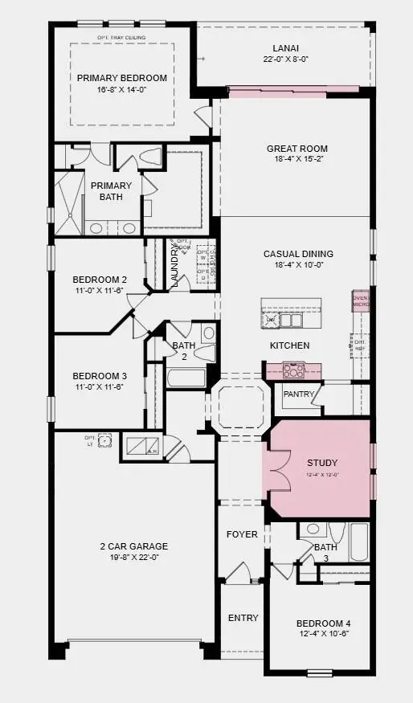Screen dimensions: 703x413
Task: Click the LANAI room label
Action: pos(286,47)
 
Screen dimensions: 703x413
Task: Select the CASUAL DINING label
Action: pos(298,254)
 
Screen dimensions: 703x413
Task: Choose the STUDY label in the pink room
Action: pos(322,463)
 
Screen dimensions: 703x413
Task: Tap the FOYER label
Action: pos(242,534)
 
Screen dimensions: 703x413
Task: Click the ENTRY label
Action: pos(243,618)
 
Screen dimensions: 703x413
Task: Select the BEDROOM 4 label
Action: pos(323,623)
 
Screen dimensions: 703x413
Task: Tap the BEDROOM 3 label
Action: pos(100,376)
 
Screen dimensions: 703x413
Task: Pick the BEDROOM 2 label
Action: pos(100,280)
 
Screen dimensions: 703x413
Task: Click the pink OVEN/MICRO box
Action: pos(361,300)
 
